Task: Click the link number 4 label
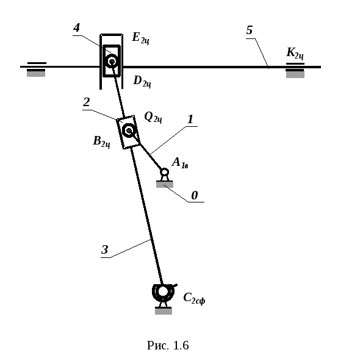(77, 28)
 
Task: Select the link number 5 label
(250, 30)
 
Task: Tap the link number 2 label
(87, 102)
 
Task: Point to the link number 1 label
(190, 120)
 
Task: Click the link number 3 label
(105, 249)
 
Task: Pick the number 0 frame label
(195, 195)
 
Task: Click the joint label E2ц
(141, 38)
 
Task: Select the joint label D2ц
(142, 82)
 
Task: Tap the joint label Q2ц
(153, 118)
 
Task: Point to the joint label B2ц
(101, 142)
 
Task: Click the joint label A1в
(180, 163)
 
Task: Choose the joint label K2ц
(295, 54)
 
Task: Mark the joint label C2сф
(194, 298)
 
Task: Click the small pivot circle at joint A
(164, 172)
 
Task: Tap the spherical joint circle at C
(163, 291)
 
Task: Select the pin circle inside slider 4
(112, 61)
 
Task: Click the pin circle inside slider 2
(129, 130)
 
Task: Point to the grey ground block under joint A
(165, 184)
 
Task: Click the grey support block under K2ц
(295, 74)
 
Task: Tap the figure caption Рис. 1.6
(168, 345)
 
